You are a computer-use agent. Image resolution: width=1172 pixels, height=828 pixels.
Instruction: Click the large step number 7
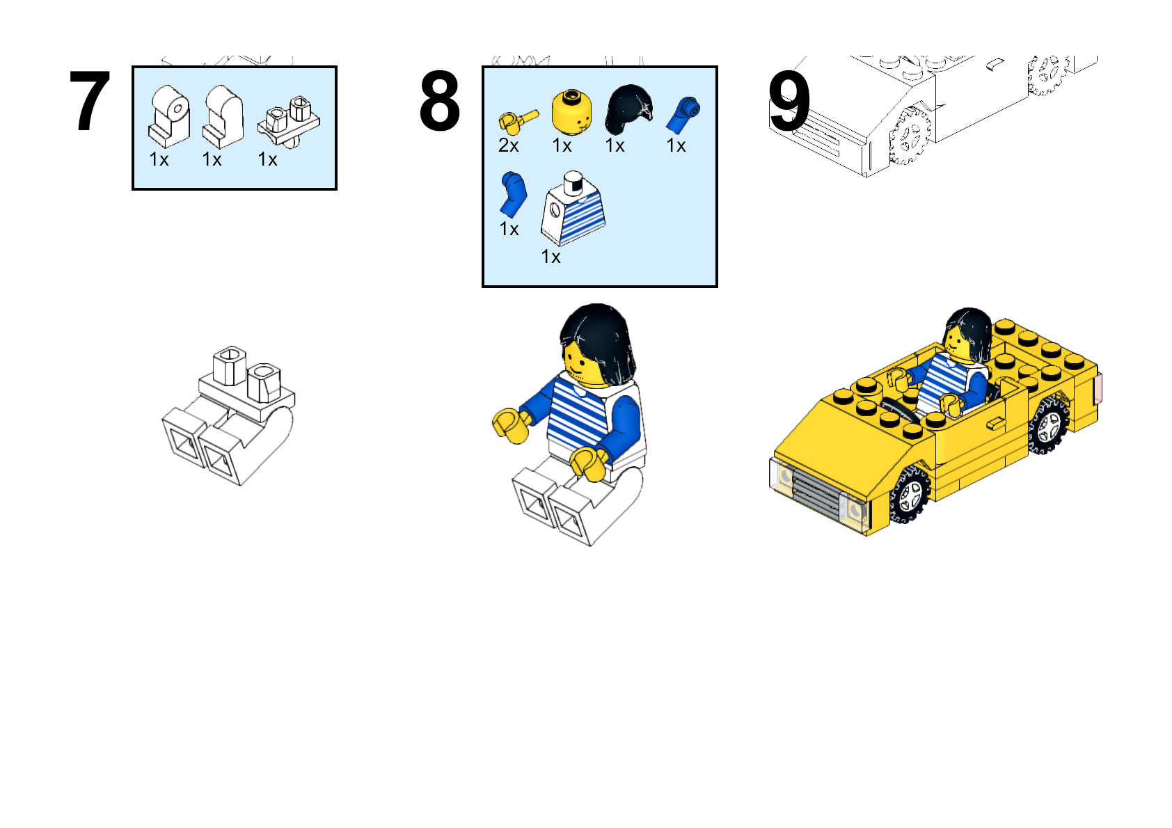pos(90,101)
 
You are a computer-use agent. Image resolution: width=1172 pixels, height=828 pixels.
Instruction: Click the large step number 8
pos(440,101)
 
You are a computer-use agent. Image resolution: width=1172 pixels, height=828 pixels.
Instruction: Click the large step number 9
pos(789,101)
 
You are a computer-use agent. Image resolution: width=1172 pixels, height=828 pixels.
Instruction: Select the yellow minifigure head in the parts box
pos(572,112)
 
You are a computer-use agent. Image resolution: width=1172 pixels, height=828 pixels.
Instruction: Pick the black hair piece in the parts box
pos(629,109)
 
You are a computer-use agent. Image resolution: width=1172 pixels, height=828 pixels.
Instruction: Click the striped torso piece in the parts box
pos(573,209)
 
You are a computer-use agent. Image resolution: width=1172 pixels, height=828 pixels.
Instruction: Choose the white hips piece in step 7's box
pos(289,121)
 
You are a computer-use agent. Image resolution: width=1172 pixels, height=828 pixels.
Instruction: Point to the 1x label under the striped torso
pos(551,257)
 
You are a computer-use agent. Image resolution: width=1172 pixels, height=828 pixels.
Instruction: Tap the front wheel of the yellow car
pos(910,494)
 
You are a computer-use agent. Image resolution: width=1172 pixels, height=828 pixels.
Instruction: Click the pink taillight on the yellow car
pos(1099,388)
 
